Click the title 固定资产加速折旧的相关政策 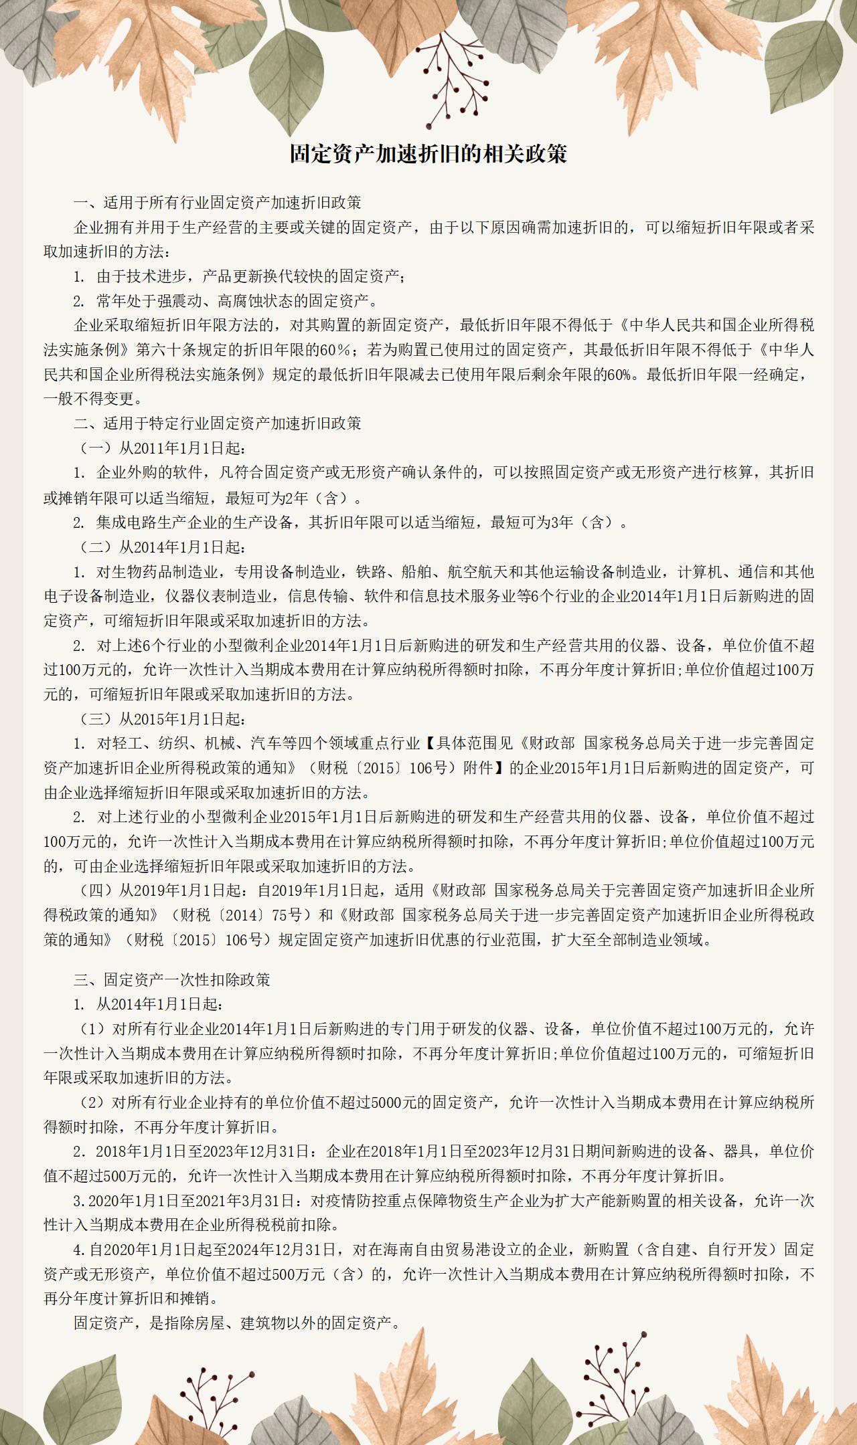(428, 154)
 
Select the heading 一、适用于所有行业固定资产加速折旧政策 (218, 203)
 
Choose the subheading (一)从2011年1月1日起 (163, 448)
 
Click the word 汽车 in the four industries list (266, 743)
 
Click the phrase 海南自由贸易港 (429, 1250)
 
